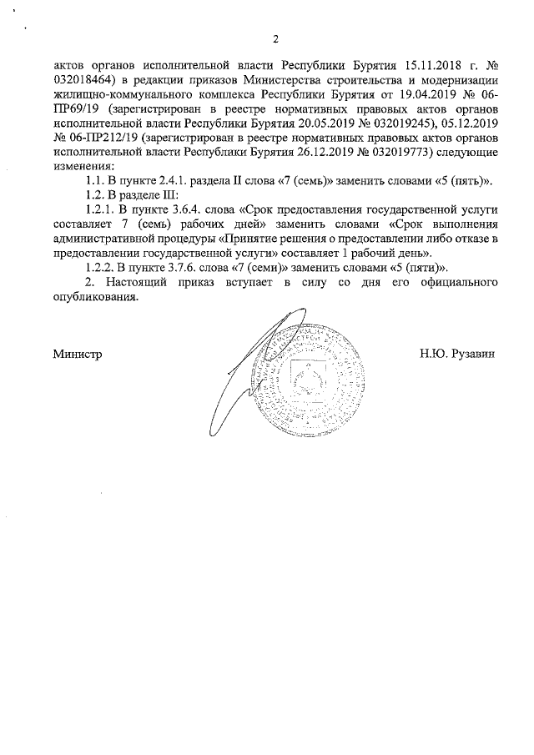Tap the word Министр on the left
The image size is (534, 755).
(x=78, y=354)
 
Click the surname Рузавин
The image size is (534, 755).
(x=472, y=354)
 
